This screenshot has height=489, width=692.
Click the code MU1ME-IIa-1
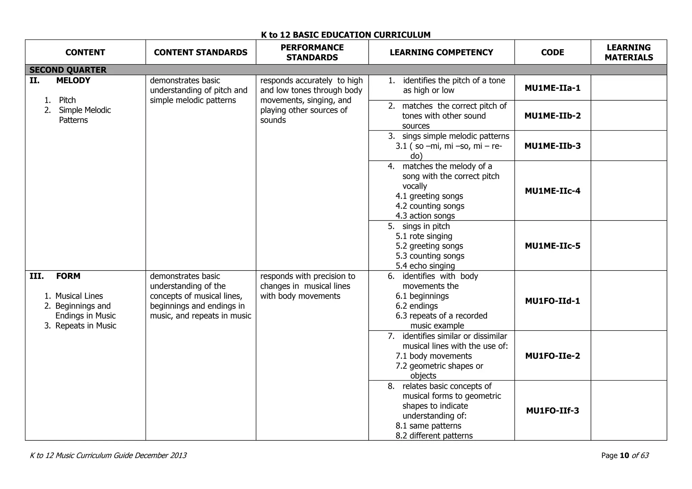point(552,88)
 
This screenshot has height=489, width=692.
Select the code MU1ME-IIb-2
point(552,116)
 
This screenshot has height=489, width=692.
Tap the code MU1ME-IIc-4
point(552,191)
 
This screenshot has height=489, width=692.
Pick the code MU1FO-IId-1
point(552,301)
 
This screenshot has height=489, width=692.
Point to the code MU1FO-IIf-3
point(552,411)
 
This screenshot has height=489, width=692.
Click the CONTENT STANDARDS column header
point(201,52)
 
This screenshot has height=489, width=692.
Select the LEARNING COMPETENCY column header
point(441,52)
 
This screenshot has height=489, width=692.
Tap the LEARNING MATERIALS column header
point(628,52)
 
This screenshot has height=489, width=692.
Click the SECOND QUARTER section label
point(68,70)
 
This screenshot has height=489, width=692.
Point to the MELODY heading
point(73,80)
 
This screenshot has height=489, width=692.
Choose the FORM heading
point(68,276)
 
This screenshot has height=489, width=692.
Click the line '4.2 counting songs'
point(430,206)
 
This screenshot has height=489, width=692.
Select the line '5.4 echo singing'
point(425,266)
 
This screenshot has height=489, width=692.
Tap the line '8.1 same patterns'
point(428,426)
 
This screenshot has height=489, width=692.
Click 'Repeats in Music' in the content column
point(85,326)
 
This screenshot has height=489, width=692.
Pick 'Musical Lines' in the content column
point(79,296)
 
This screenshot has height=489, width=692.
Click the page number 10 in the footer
point(624,456)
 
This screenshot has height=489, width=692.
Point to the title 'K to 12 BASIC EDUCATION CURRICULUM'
point(346,35)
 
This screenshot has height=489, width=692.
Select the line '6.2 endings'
point(417,306)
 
